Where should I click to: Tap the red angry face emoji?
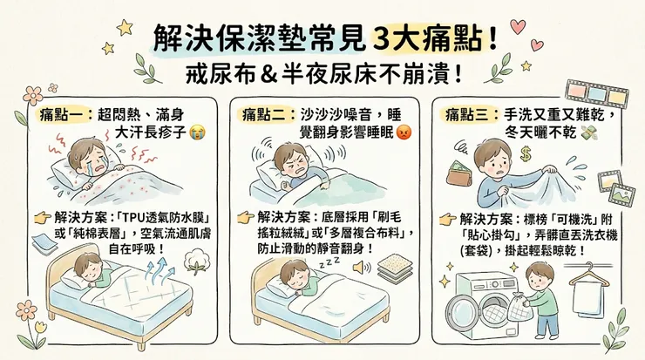404,132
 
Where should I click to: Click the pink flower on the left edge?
33,94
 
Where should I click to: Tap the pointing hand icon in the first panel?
42,217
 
